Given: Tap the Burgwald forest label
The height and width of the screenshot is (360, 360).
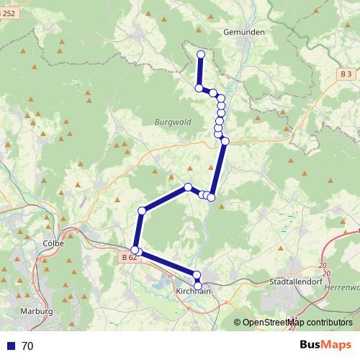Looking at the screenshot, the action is tap(173, 122).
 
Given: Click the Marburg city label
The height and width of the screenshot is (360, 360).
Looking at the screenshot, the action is tap(38, 311).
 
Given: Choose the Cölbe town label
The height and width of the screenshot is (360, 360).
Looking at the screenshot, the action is tap(54, 243).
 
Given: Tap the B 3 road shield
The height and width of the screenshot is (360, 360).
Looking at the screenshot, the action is tap(346, 74).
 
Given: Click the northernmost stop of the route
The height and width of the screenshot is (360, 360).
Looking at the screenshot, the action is tap(201, 55).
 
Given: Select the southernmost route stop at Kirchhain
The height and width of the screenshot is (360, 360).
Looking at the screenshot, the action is tap(198, 285).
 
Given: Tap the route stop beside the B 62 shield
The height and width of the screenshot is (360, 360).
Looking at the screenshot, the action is tap(135, 250).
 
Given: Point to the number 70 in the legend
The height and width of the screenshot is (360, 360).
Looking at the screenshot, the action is tap(27, 346).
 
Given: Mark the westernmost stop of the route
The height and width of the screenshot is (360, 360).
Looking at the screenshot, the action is tap(135, 250).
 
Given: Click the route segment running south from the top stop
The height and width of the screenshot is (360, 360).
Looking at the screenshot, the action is tap(200, 71).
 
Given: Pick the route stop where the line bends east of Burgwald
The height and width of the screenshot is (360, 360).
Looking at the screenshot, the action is tap(225, 141).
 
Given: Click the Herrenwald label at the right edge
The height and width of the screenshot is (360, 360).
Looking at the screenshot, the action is tap(345, 287).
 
